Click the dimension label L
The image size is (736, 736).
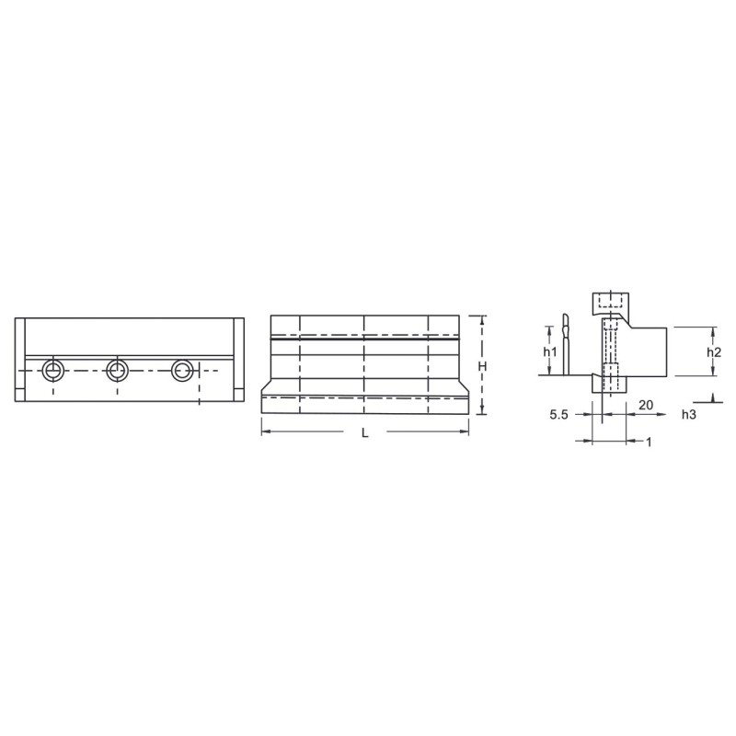pyautogui.click(x=365, y=433)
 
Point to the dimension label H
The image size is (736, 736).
pyautogui.click(x=482, y=366)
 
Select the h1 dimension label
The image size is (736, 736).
pyautogui.click(x=550, y=351)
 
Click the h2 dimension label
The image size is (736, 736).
pyautogui.click(x=714, y=351)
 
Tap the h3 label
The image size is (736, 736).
pyautogui.click(x=689, y=415)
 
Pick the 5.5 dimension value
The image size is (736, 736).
pyautogui.click(x=559, y=415)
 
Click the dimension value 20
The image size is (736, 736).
pyautogui.click(x=646, y=405)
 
